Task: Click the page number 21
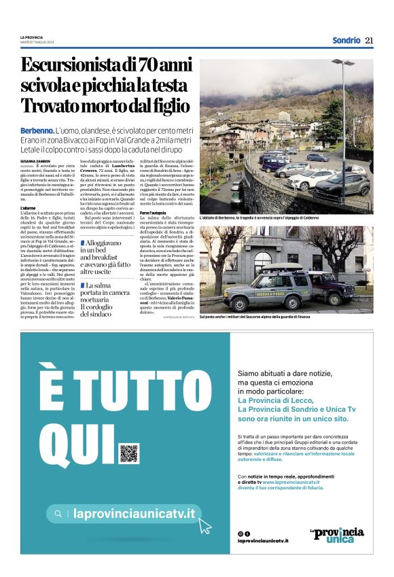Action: coord(369,40)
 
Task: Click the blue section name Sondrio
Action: coord(346,40)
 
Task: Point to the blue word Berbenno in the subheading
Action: coord(37,129)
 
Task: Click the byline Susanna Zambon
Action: coord(36,160)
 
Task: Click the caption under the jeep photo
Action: coord(255,317)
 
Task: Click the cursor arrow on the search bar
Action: coord(204,525)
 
